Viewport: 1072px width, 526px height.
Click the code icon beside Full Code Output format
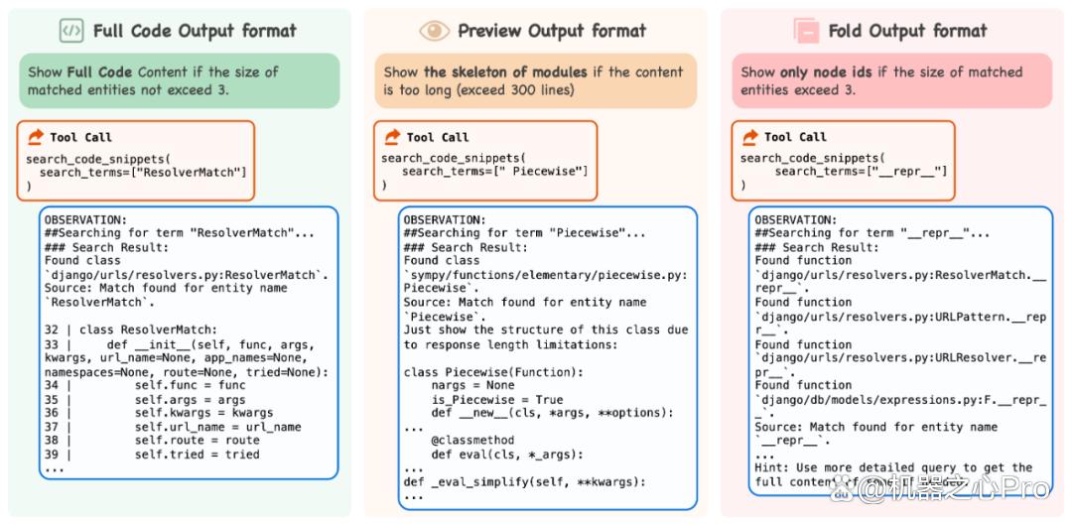pyautogui.click(x=71, y=31)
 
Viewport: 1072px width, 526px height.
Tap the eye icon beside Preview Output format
pyautogui.click(x=434, y=31)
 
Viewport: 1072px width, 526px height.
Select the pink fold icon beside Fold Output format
pyautogui.click(x=806, y=31)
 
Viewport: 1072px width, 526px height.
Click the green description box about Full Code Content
pyautogui.click(x=179, y=80)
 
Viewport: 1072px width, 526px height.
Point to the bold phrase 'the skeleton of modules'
pyautogui.click(x=505, y=71)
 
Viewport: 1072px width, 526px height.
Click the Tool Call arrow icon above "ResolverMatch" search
pyautogui.click(x=36, y=138)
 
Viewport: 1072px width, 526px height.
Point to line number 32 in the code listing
pyautogui.click(x=52, y=329)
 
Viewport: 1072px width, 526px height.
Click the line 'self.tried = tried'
pyautogui.click(x=197, y=455)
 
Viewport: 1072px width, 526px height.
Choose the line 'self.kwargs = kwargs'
pyautogui.click(x=203, y=413)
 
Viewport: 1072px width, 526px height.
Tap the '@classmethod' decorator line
pyautogui.click(x=472, y=440)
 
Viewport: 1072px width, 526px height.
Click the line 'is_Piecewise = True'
pyautogui.click(x=497, y=399)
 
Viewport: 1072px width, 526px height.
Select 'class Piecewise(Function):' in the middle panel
pyautogui.click(x=493, y=373)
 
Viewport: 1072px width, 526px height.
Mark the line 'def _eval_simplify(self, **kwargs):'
pyautogui.click(x=524, y=482)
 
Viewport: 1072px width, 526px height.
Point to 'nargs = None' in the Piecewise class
pyautogui.click(x=472, y=386)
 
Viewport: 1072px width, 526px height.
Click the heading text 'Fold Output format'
pyautogui.click(x=907, y=31)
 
